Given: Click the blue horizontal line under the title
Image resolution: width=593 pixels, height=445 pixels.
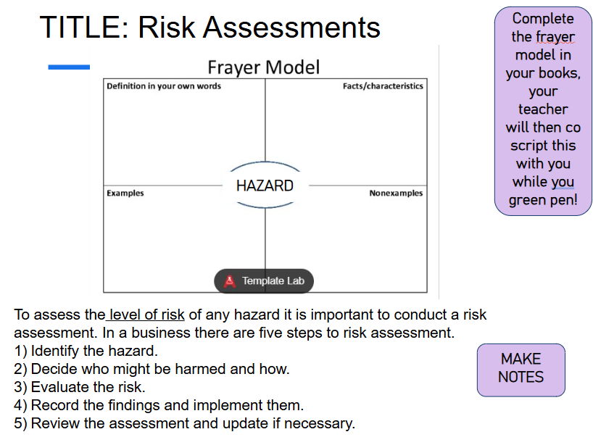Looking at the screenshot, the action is point(69,67).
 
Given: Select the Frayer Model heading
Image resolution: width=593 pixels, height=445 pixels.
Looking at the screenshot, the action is point(264,67).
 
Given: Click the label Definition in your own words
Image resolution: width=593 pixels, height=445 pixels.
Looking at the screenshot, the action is point(164,86).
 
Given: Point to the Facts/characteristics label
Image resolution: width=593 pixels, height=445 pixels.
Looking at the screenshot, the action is point(383,86).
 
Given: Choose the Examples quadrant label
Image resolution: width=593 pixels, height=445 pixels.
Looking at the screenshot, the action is point(125,194).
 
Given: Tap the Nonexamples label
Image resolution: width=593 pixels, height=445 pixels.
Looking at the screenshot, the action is point(396,194).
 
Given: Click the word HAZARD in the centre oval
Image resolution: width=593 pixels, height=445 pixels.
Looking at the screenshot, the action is point(265,186).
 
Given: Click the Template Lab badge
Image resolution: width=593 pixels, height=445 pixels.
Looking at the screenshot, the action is point(264,281).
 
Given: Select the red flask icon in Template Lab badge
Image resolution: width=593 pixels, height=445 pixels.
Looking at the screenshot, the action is point(230,281).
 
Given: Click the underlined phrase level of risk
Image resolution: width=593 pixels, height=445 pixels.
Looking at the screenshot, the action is point(146,315).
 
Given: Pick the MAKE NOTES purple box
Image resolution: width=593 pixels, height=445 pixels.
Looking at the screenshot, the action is point(521,370).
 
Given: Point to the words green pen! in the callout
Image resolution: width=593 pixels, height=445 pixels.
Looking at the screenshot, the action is point(543,200).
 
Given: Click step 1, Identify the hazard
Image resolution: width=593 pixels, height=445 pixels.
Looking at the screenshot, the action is point(86,352).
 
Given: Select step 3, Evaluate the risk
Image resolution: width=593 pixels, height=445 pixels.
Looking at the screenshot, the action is point(80,387).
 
